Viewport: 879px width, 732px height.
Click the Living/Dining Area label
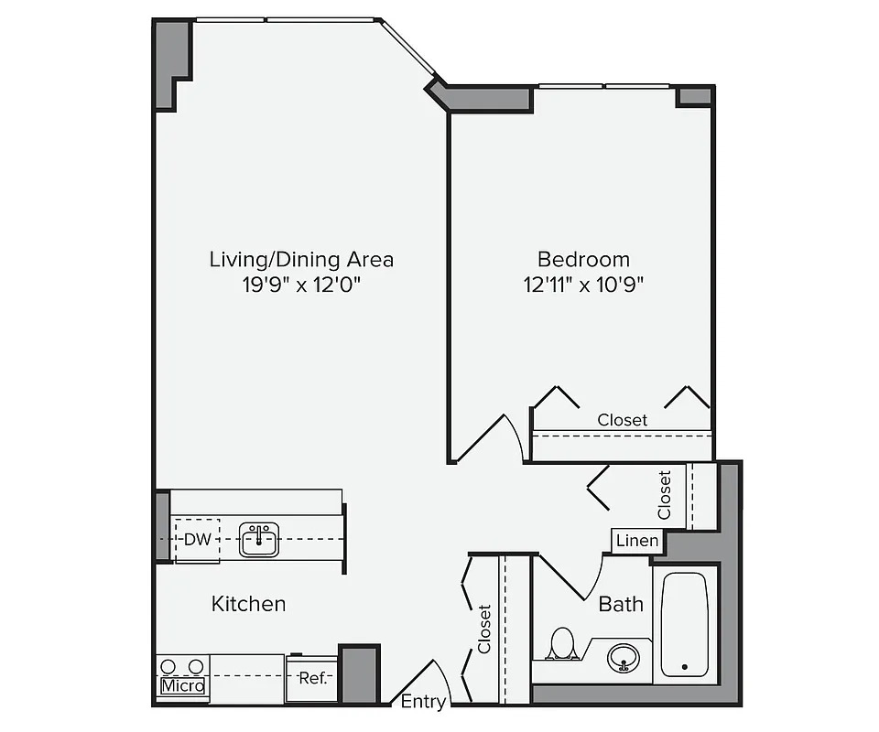301,259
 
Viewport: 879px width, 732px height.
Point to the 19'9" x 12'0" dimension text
301,285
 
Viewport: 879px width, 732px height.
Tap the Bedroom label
583,259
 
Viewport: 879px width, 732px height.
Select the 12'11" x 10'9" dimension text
583,285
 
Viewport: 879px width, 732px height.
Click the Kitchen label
248,604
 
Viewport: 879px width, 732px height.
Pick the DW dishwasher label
197,539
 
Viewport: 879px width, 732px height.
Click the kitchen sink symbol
259,539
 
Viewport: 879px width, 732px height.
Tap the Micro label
183,685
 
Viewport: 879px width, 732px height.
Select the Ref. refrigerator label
312,679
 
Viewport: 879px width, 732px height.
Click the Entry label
424,703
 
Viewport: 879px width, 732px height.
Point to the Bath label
621,604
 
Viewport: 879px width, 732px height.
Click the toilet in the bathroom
560,643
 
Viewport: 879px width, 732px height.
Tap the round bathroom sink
626,656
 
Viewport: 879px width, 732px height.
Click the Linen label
636,541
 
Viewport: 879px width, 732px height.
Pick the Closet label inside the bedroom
622,420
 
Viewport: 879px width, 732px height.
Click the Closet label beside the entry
484,629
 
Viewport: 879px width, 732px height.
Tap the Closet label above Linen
665,494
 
